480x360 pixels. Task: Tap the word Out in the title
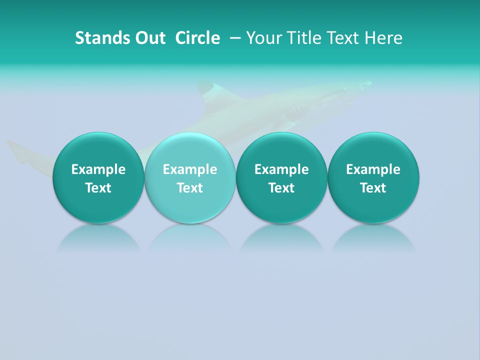point(149,38)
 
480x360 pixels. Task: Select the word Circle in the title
point(197,38)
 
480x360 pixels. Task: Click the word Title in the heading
point(304,38)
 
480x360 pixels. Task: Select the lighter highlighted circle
point(189,177)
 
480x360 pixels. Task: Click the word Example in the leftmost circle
point(98,169)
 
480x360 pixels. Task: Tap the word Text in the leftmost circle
point(98,188)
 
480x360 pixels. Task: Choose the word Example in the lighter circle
point(190,169)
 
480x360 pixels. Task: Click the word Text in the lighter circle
point(190,188)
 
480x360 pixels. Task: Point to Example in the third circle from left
point(281,169)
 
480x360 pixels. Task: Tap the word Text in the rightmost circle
point(373,188)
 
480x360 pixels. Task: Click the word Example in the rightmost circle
point(373,169)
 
